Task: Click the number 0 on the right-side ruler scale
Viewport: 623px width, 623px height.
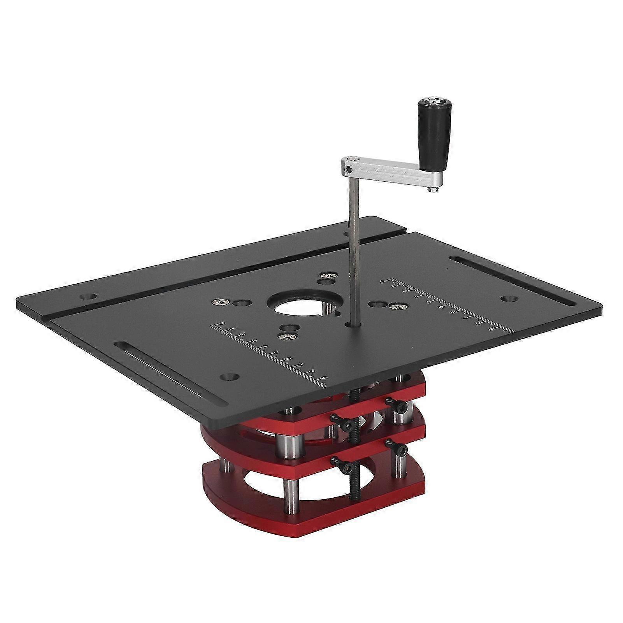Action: click(383, 281)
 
